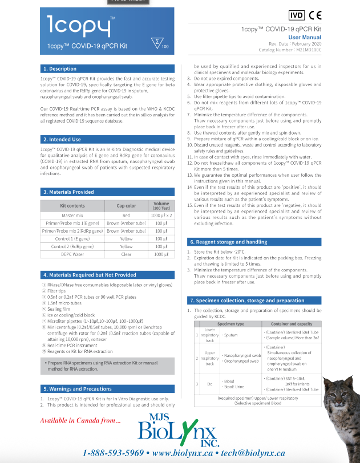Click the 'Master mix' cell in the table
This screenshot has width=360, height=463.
[x=72, y=215]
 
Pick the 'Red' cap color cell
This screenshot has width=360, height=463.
[x=126, y=215]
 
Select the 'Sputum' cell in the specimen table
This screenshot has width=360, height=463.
[x=231, y=335]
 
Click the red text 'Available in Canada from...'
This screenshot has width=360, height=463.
[x=80, y=421]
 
